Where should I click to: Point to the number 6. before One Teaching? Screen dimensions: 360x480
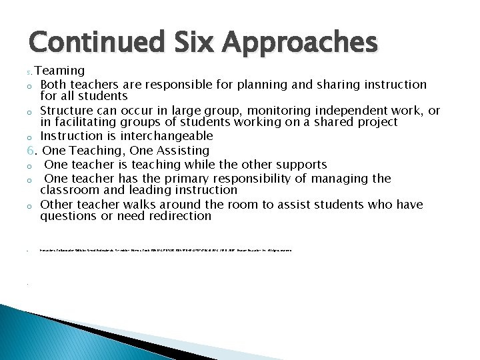33,151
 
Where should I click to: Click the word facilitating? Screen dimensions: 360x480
85,122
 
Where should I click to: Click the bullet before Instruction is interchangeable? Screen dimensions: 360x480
30,137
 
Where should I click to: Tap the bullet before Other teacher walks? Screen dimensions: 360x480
30,205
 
